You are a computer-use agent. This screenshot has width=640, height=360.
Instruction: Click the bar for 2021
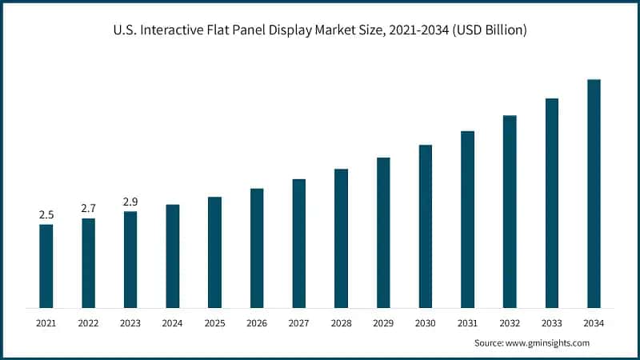[x=46, y=266]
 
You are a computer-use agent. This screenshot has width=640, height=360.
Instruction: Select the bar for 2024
[x=172, y=256]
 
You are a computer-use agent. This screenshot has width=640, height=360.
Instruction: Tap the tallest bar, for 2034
[x=594, y=194]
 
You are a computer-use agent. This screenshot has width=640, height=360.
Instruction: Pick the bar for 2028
[x=341, y=238]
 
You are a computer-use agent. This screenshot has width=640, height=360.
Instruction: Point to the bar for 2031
[x=467, y=219]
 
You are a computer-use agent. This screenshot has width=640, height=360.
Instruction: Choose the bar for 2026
[x=257, y=248]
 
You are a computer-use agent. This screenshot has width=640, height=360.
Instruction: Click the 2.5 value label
[x=46, y=215]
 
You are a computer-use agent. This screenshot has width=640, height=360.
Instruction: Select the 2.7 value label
[x=88, y=209]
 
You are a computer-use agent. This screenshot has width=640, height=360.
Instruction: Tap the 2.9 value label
[x=130, y=202]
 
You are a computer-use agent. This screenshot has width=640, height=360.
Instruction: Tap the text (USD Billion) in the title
[x=484, y=30]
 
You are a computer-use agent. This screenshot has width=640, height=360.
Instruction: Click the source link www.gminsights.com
[x=550, y=342]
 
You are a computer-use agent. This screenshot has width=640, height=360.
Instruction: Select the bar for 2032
[x=510, y=211]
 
